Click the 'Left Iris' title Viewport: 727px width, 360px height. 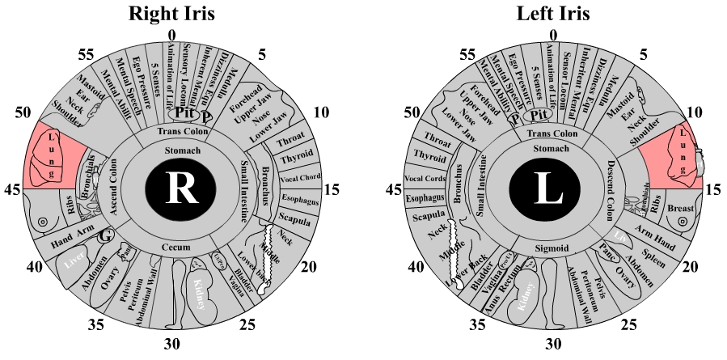point(553,14)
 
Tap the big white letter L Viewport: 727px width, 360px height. point(552,190)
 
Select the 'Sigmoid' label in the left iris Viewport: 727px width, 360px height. point(554,248)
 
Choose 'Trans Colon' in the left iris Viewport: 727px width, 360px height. point(554,132)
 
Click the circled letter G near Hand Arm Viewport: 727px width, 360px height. point(104,237)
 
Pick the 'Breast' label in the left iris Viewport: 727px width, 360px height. point(683,209)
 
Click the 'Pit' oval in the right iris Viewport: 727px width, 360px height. point(183,114)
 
